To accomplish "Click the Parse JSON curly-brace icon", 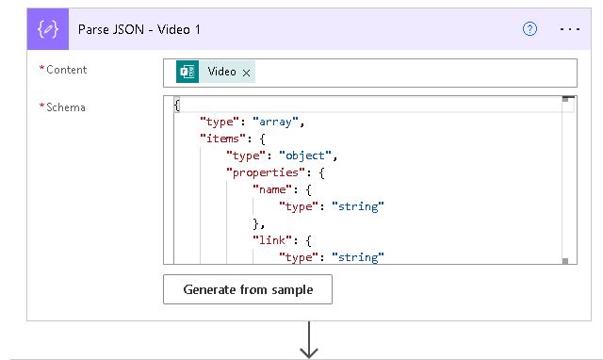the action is pyautogui.click(x=48, y=29).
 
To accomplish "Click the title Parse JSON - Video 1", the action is pyautogui.click(x=138, y=29).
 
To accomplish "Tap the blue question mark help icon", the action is pyautogui.click(x=530, y=29).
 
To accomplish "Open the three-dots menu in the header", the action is pyautogui.click(x=570, y=29).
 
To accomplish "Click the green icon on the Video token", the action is pyautogui.click(x=187, y=72).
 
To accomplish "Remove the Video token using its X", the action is pyautogui.click(x=247, y=73).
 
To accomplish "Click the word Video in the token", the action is pyautogui.click(x=222, y=72).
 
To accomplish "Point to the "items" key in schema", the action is pyautogui.click(x=220, y=139).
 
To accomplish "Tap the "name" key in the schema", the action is pyautogui.click(x=272, y=189).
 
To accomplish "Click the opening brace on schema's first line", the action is pyautogui.click(x=177, y=105).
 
